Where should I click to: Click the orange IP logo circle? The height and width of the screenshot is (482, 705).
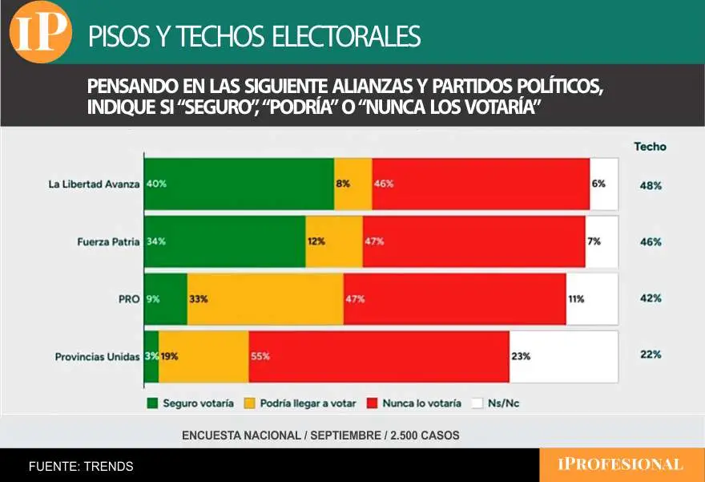pos(39,33)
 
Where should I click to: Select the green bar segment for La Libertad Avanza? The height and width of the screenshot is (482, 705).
pos(239,184)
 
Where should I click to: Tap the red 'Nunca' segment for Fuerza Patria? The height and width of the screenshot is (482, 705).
pos(473,241)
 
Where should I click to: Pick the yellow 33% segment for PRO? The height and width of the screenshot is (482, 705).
pos(265,298)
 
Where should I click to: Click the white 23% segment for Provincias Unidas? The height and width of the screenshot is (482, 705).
pos(563,355)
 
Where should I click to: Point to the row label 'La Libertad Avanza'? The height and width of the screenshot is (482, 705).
pos(94,184)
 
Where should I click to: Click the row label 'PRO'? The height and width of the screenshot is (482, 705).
pos(129,298)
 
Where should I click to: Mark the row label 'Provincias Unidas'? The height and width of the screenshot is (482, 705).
pos(97,356)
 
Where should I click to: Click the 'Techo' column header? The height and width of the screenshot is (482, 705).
pos(650,147)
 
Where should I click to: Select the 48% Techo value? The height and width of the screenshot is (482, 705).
pos(650,185)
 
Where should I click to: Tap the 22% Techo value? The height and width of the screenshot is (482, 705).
pos(650,355)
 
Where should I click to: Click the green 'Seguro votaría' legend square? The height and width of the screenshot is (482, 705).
pos(152,403)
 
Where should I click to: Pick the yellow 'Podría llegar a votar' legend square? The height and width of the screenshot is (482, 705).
pos(250,403)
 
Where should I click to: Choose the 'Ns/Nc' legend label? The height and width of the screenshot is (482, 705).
pos(503,403)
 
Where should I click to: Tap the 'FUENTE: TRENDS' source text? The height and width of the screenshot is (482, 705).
pos(81,466)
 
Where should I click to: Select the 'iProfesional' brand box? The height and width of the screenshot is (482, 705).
pos(620,464)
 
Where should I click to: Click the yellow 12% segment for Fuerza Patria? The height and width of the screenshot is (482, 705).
pos(334,241)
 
